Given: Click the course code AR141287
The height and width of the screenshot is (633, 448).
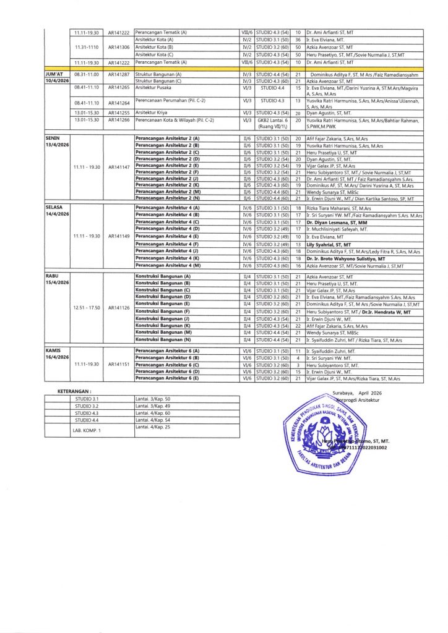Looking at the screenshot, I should pos(118,74).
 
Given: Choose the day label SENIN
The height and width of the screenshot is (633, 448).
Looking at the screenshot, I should pos(53,138).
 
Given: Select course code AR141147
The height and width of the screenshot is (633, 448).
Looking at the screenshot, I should pos(118,166).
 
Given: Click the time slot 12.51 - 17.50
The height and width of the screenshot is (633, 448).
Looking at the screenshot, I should pos(87,307).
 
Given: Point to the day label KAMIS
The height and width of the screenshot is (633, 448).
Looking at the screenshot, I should pos(53,350).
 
